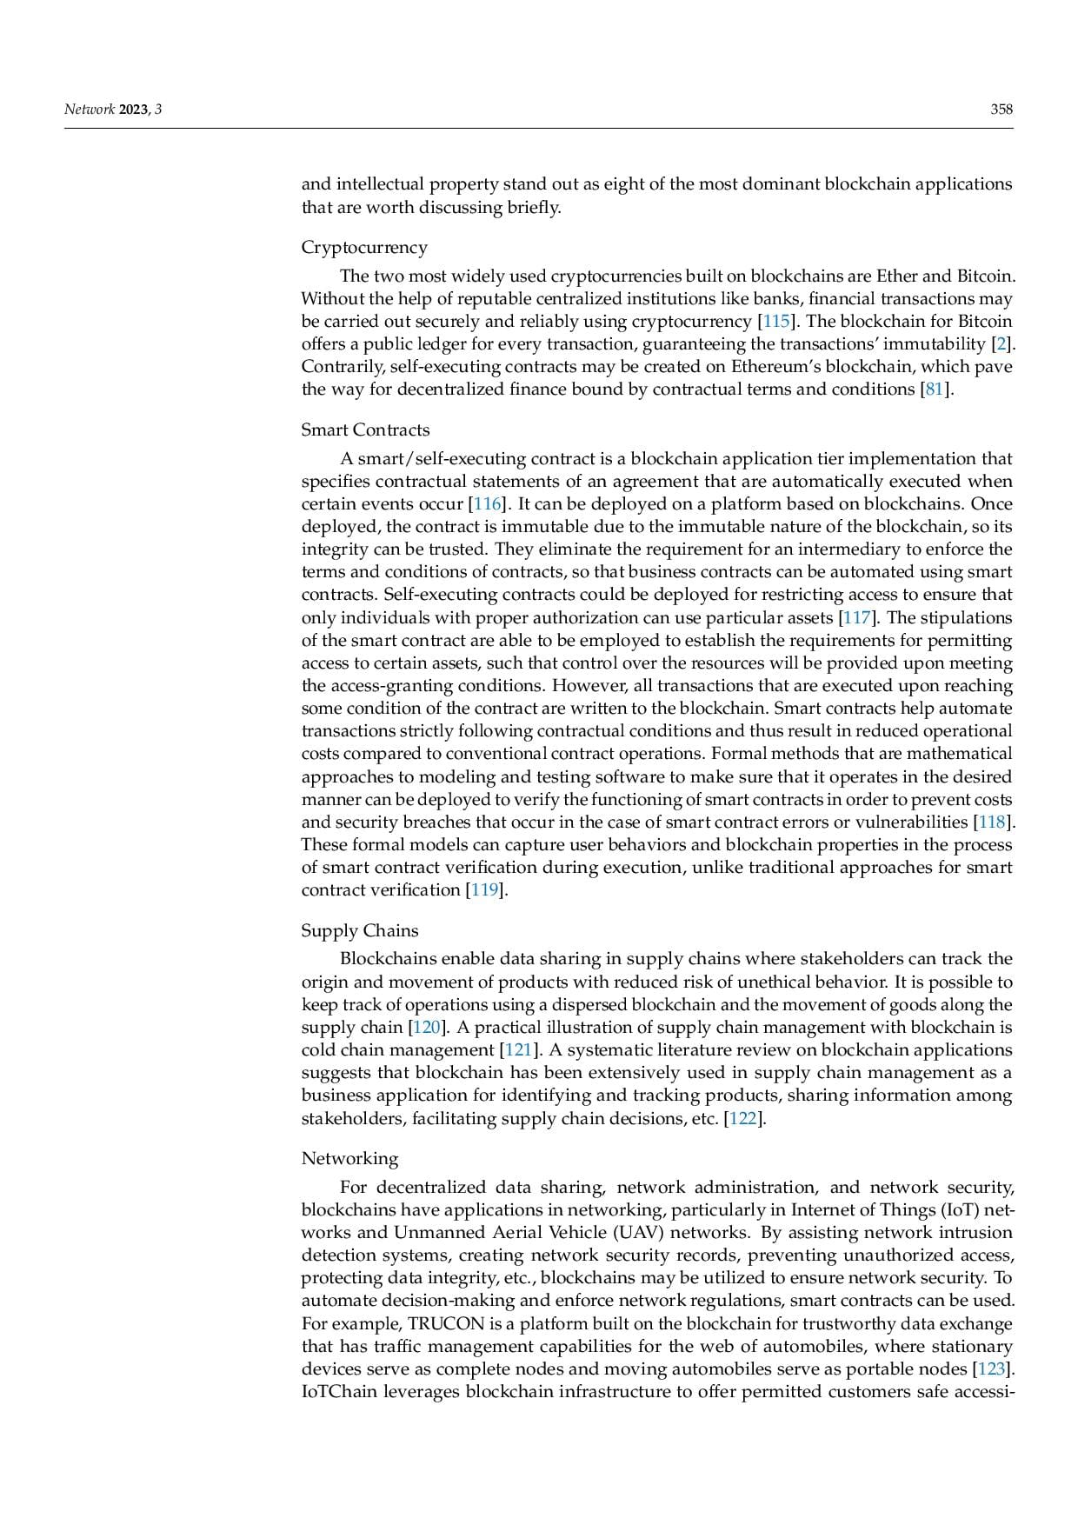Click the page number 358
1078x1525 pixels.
(1001, 110)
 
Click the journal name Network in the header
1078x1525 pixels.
(90, 110)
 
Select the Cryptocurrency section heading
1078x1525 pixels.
(364, 248)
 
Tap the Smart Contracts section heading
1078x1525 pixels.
(365, 430)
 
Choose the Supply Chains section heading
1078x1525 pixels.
(359, 931)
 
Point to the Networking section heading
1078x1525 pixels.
(349, 1159)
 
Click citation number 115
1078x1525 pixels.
(776, 322)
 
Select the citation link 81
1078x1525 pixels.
(935, 390)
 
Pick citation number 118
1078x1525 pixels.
(992, 822)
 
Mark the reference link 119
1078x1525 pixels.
(483, 890)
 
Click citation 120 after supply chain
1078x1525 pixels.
(426, 1028)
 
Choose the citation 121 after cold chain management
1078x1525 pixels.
(518, 1050)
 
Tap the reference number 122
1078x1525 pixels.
(742, 1119)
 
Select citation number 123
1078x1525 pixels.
(992, 1369)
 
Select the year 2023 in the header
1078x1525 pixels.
(134, 110)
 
